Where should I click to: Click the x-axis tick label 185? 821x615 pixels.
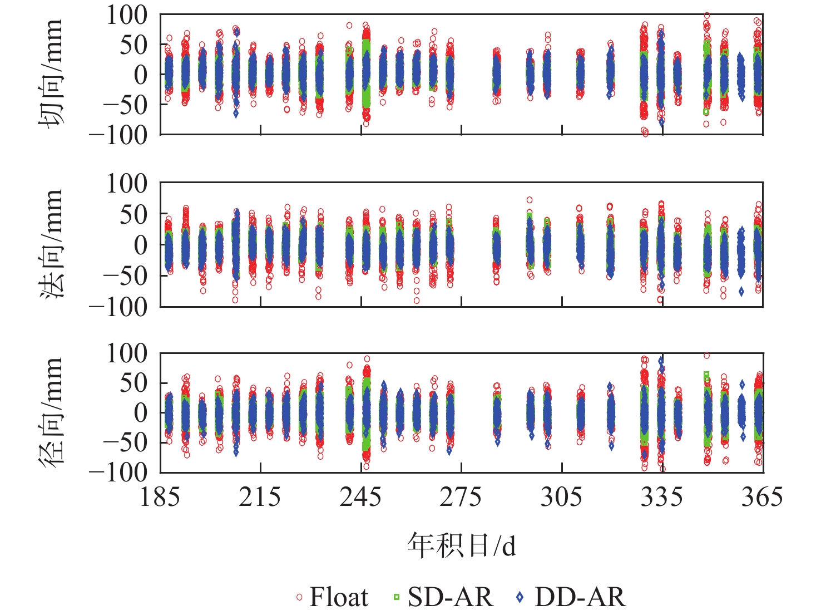click(160, 497)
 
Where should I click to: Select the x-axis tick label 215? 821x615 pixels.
click(260, 497)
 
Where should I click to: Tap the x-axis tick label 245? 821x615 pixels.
click(361, 497)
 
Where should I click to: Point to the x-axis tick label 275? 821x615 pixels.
click(461, 497)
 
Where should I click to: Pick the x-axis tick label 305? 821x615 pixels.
click(562, 497)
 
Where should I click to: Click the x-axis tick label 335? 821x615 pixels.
click(662, 497)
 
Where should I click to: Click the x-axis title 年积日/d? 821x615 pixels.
click(462, 545)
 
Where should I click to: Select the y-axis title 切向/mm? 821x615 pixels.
click(51, 74)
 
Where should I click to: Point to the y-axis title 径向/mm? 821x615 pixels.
click(51, 412)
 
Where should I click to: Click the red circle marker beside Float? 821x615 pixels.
click(299, 597)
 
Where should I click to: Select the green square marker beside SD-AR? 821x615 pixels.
click(397, 597)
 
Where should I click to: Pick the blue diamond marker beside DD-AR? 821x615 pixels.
click(520, 597)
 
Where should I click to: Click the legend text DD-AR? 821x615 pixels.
click(580, 597)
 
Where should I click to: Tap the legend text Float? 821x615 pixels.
click(339, 597)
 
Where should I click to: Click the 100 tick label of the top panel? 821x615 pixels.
click(127, 16)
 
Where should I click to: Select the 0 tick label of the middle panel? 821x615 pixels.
click(141, 244)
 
